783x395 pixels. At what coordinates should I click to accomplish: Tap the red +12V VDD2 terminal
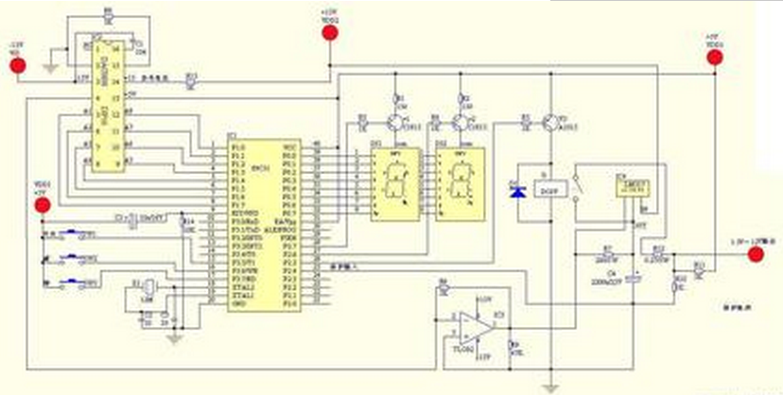[329, 34]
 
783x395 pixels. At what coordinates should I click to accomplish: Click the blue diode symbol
[516, 192]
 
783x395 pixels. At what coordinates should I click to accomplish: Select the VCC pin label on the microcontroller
[290, 146]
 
